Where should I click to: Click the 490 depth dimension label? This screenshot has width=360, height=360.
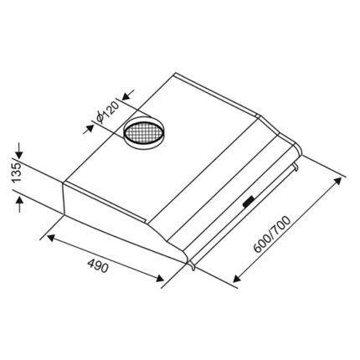(x=97, y=265)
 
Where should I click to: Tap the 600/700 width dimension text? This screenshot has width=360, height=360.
(x=271, y=234)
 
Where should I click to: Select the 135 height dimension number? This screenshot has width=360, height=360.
(x=17, y=172)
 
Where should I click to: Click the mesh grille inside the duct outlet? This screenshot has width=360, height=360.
(x=142, y=133)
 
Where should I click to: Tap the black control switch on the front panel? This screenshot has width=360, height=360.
(x=249, y=202)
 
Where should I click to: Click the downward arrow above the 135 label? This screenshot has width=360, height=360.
(x=19, y=151)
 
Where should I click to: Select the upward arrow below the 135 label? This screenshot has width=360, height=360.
(x=19, y=203)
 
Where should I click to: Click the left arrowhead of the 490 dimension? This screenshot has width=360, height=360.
(x=50, y=238)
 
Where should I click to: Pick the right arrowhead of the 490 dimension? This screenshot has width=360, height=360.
(x=160, y=278)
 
